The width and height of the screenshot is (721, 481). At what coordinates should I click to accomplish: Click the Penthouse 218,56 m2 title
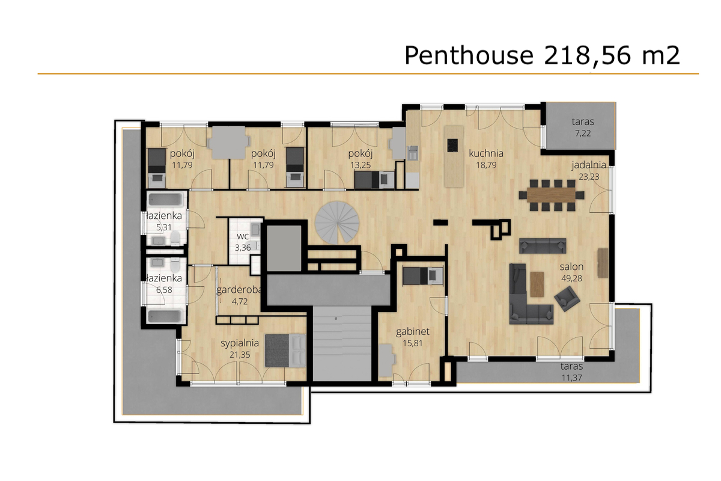point(542,56)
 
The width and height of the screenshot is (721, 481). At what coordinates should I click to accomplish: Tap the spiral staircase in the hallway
point(337,222)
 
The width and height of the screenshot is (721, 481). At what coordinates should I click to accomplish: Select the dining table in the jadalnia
point(552,195)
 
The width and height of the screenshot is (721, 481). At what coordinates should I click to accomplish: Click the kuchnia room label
point(486,153)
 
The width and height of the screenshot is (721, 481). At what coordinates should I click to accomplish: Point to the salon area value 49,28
point(571,278)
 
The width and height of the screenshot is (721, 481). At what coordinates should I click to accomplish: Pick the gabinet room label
point(413,332)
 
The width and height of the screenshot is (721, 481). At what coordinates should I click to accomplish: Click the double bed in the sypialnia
point(285,351)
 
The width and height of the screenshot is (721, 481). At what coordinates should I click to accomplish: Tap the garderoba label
point(239,290)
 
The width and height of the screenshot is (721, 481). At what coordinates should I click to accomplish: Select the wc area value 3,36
point(243,248)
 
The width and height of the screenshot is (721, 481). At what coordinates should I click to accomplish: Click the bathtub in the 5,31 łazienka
point(166,200)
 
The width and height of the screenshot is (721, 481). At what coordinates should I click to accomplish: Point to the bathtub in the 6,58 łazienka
point(165,316)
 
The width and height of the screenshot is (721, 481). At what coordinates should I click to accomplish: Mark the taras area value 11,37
point(571,378)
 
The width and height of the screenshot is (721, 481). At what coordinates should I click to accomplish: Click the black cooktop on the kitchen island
point(452,145)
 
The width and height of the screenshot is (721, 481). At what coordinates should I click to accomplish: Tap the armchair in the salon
point(567,299)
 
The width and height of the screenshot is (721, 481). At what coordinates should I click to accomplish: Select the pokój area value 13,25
point(360,165)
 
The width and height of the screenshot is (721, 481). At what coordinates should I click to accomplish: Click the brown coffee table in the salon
point(537,284)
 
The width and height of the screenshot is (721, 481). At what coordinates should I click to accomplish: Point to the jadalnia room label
point(589,165)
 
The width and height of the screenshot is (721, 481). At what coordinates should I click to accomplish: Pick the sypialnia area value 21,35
point(240,355)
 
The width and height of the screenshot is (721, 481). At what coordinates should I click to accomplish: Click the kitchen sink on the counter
point(413,153)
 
